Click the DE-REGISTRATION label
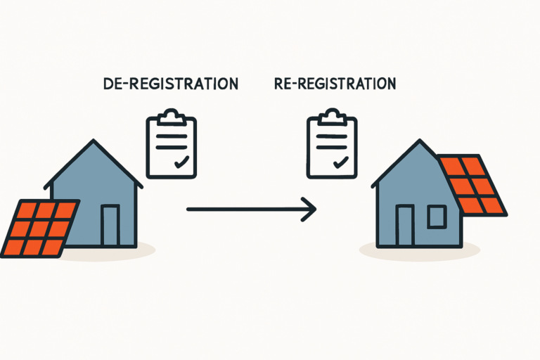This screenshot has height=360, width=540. coord(170,84)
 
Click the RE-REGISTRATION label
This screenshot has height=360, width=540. coord(335,84)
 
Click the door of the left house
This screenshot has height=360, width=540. coord(110,225)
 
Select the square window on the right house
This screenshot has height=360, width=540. coord(436,217)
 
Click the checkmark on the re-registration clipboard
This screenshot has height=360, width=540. coord(342,162)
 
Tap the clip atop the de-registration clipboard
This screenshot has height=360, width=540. coord(169,115)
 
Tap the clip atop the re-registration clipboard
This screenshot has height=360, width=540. coord(331,115)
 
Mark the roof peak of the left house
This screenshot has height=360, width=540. coord(94,142)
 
